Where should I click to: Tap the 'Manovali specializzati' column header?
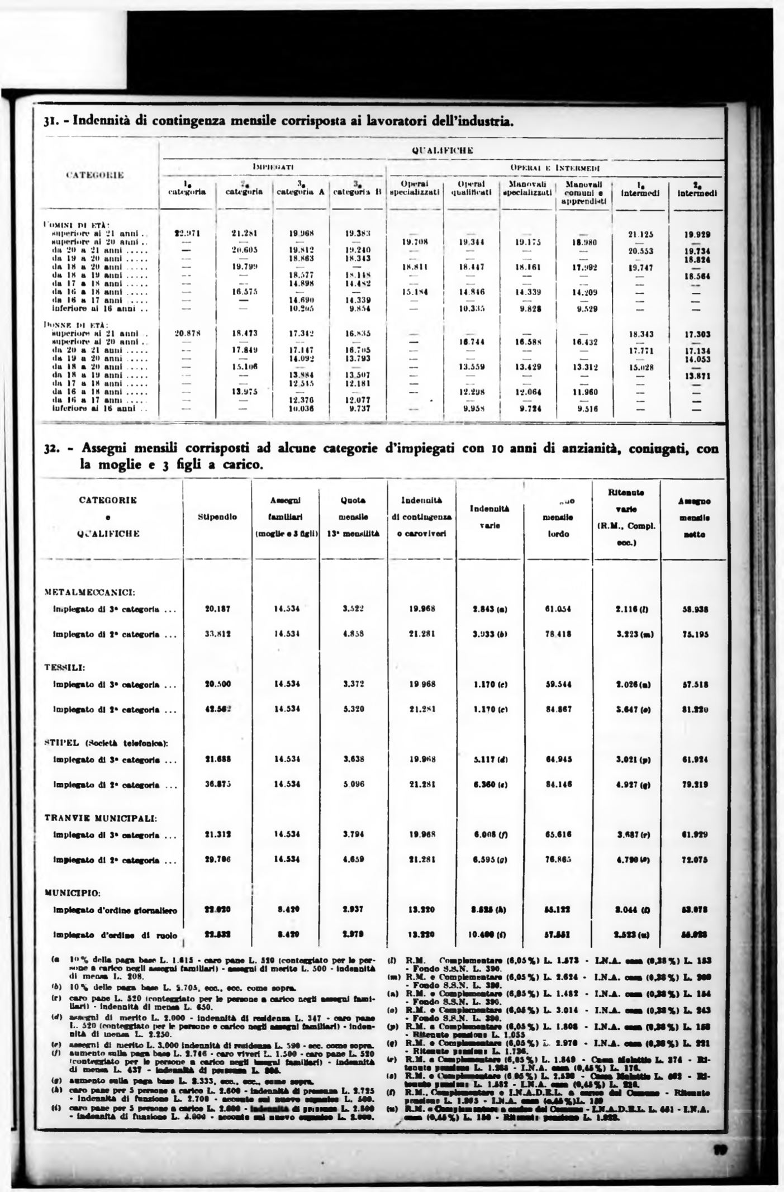pyautogui.click(x=528, y=188)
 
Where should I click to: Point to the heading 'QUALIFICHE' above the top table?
pyautogui.click(x=442, y=150)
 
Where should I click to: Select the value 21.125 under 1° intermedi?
pyautogui.click(x=641, y=235)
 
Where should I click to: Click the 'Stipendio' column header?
pyautogui.click(x=217, y=517)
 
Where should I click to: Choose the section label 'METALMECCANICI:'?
pyautogui.click(x=88, y=591)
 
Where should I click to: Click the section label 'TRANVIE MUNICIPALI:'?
pyautogui.click(x=101, y=819)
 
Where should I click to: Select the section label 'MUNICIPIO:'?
pyautogui.click(x=72, y=893)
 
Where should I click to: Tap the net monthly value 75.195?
pyautogui.click(x=696, y=634)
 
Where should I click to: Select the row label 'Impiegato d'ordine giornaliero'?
pyautogui.click(x=115, y=910)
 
